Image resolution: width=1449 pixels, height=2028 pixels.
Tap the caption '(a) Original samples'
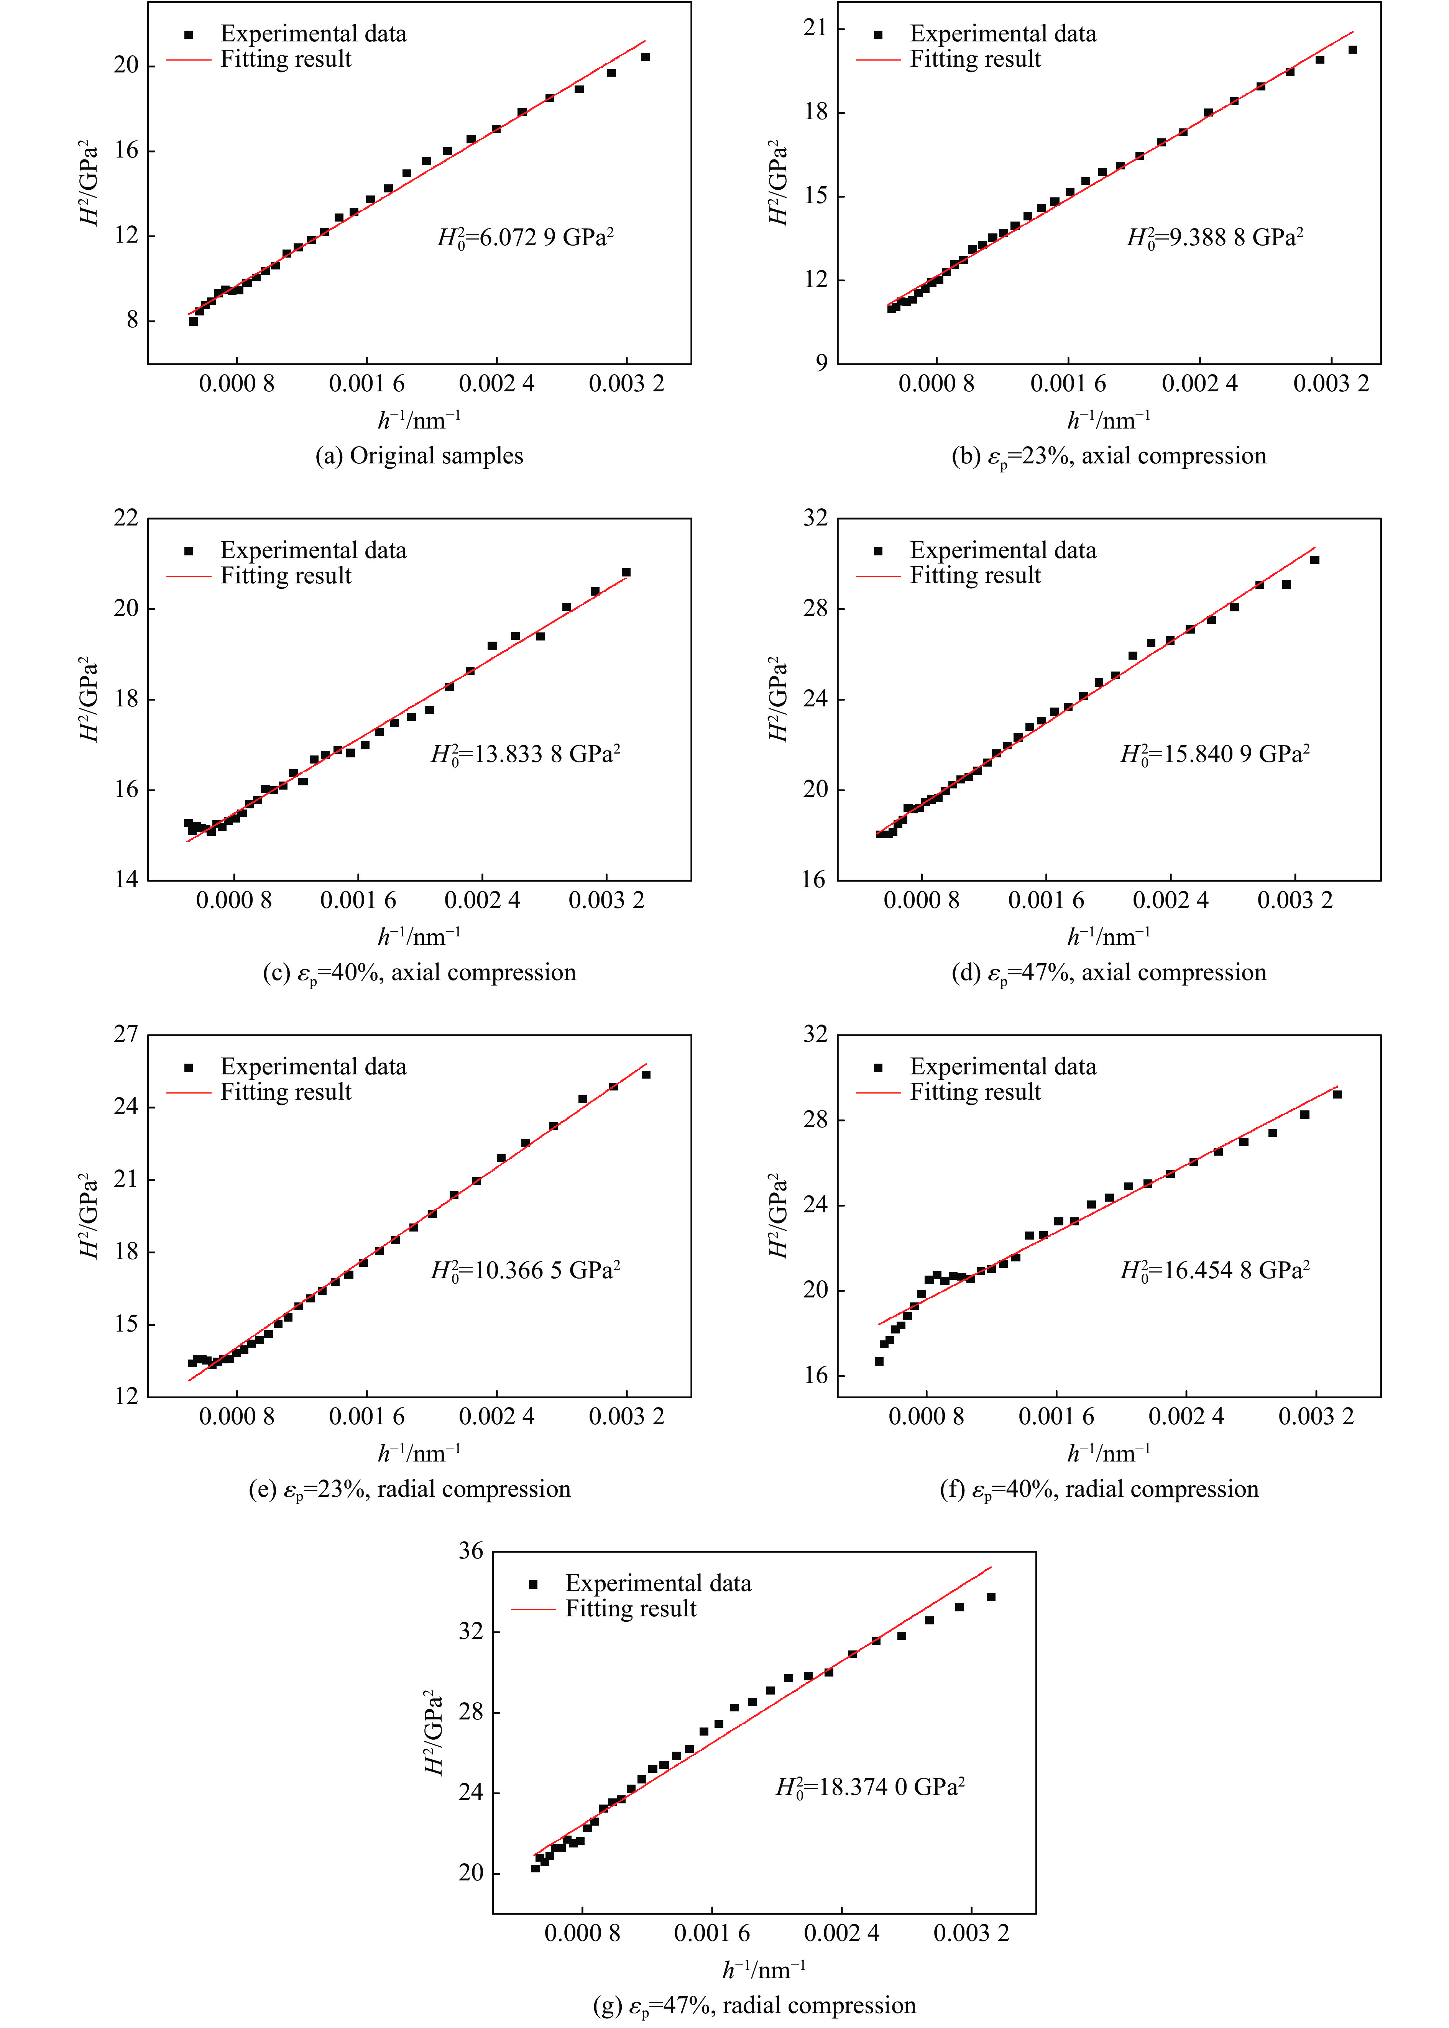click(x=419, y=456)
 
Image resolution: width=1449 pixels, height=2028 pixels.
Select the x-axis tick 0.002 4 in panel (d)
click(x=1171, y=900)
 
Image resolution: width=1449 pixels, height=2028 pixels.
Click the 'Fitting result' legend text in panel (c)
click(x=286, y=575)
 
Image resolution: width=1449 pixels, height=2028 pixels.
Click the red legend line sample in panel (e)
click(x=188, y=1092)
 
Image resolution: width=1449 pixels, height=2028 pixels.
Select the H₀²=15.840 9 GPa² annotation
click(x=1215, y=754)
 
